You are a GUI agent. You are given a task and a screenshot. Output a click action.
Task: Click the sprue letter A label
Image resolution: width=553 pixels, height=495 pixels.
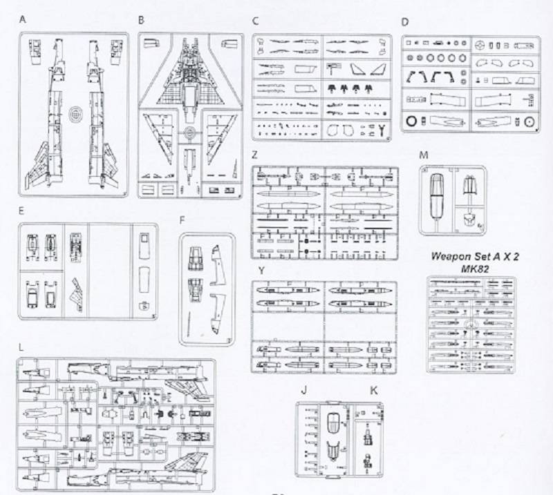tap(23, 19)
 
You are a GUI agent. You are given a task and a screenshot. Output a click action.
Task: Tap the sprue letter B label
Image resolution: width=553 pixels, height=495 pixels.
tap(141, 20)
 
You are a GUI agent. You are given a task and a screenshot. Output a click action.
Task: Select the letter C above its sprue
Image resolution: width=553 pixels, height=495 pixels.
tap(255, 21)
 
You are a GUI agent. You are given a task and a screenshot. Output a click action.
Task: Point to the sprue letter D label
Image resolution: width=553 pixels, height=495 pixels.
tap(405, 22)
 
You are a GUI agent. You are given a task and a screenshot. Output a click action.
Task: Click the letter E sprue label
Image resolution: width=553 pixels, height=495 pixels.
tap(21, 211)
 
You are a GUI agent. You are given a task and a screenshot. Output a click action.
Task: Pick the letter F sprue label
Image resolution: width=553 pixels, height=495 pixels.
tap(182, 220)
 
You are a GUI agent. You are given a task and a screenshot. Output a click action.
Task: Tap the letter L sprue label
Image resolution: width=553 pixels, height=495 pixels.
tap(21, 348)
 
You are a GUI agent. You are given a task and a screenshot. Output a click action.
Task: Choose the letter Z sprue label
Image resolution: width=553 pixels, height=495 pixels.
tap(254, 155)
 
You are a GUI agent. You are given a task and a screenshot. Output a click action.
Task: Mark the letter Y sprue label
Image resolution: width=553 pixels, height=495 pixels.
tap(261, 271)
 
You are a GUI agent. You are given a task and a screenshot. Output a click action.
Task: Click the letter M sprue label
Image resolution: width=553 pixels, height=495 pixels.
tap(424, 155)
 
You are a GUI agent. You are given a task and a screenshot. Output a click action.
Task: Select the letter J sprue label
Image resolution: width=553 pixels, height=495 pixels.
tap(303, 390)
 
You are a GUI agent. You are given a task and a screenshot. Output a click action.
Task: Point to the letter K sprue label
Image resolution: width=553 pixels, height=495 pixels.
tap(373, 390)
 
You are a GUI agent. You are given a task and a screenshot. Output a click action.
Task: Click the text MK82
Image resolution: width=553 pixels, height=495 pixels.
tap(475, 269)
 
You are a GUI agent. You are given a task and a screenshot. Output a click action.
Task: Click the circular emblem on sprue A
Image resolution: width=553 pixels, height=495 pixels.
tap(74, 114)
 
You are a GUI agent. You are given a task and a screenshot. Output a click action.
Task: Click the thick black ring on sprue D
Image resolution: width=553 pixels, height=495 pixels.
tap(411, 122)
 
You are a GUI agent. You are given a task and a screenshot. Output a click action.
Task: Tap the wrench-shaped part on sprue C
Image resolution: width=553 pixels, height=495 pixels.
tap(382, 130)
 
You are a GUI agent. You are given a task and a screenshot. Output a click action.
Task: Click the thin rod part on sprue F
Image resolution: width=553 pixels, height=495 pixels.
tap(189, 323)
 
